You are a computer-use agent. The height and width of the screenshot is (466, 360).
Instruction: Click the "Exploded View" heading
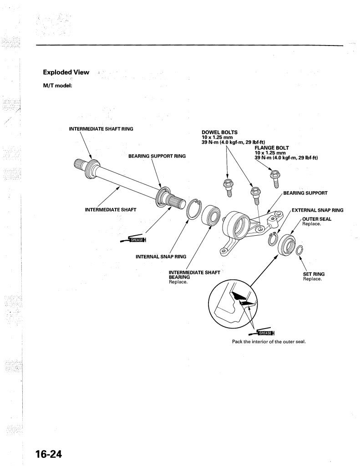(66, 72)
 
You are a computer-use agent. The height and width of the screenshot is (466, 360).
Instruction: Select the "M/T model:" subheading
(58, 86)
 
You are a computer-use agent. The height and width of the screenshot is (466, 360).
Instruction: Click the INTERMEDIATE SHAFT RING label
(101, 129)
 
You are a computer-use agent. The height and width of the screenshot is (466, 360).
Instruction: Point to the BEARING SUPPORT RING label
(157, 156)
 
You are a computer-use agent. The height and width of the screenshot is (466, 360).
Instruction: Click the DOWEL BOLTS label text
(220, 132)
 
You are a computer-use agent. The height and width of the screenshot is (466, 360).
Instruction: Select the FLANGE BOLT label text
(272, 148)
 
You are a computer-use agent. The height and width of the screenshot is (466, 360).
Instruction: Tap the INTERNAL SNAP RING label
(161, 257)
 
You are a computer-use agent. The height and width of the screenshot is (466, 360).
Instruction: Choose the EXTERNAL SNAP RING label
(318, 210)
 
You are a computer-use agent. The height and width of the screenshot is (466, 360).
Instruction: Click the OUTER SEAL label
(317, 219)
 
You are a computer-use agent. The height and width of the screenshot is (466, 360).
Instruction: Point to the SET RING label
(314, 274)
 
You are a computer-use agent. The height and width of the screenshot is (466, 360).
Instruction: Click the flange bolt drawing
(274, 179)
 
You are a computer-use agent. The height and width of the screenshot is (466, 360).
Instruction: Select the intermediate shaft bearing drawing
(211, 215)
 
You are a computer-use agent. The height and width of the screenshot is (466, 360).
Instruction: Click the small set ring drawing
(299, 251)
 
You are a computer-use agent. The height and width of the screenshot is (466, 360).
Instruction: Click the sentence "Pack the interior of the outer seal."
(269, 342)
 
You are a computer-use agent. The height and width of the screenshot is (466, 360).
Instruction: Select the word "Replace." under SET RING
(312, 279)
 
